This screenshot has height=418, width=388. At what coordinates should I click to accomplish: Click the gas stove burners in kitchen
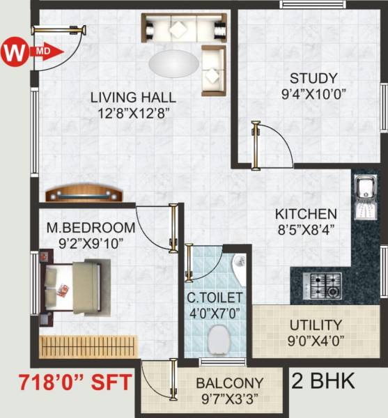point(323,284)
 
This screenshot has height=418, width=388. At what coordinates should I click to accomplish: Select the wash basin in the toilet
point(238,268)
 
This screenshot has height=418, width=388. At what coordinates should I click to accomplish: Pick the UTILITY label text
point(317,325)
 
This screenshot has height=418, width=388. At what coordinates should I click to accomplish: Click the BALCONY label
point(229,382)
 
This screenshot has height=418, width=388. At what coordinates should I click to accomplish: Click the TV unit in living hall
point(84,193)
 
